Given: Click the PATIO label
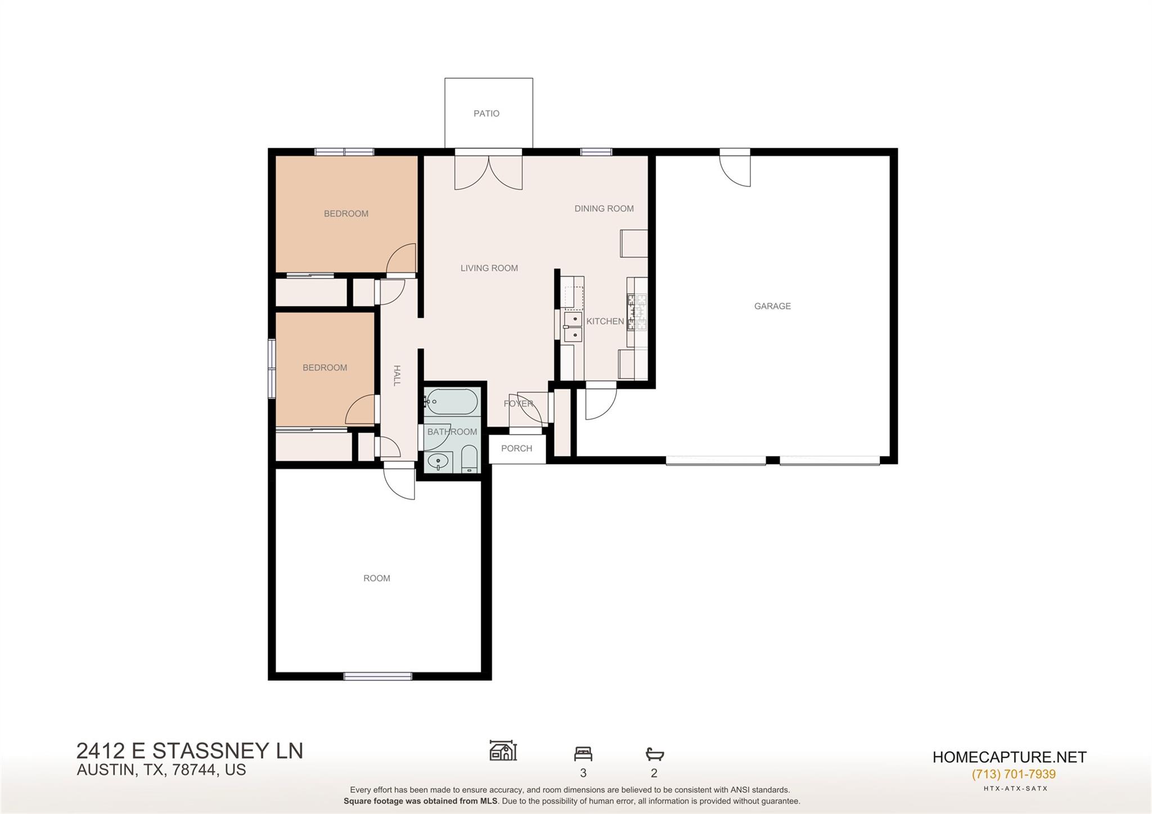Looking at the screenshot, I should [x=486, y=114].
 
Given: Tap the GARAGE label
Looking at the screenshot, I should [x=772, y=306].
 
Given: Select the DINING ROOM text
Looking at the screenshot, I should [x=604, y=209].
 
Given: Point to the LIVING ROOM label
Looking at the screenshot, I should [x=489, y=268].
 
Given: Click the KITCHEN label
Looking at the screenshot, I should [x=605, y=321].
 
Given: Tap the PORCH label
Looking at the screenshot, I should [x=516, y=448].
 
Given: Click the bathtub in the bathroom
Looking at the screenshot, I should [x=452, y=402].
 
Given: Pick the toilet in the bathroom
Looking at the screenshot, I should [x=469, y=459].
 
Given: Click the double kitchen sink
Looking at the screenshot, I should [x=573, y=327].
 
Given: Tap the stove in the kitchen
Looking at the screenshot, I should [x=638, y=312].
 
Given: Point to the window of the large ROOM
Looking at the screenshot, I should [x=377, y=676].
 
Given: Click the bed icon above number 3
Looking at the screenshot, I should [x=583, y=754].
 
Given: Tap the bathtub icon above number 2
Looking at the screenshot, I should [x=654, y=754].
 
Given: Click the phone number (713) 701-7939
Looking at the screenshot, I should [x=1013, y=774].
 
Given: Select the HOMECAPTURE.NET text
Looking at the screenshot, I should [x=1009, y=757].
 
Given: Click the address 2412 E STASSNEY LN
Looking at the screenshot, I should [x=190, y=751].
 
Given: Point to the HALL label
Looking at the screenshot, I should [x=397, y=375].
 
